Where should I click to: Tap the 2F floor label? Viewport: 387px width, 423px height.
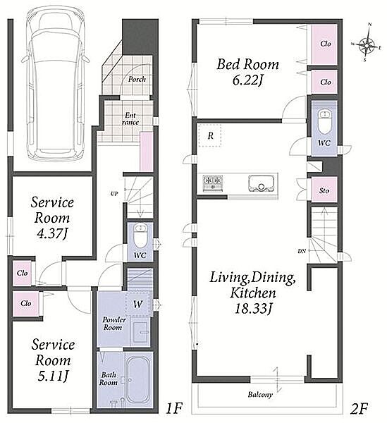(359, 408)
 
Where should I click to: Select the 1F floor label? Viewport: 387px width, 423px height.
(174, 408)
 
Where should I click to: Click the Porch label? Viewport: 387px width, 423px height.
(137, 79)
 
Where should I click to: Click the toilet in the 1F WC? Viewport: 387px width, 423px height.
(140, 235)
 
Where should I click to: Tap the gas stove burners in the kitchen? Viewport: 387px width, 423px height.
(213, 183)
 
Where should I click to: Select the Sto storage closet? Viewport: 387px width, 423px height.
(324, 190)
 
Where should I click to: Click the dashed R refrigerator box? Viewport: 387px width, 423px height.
(210, 135)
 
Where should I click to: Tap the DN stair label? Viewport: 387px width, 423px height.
(302, 251)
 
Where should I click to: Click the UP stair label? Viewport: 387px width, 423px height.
(114, 193)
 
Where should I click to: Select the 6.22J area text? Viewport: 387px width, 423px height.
(247, 80)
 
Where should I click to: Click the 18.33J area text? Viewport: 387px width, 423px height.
(252, 308)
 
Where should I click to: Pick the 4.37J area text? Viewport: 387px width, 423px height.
(52, 233)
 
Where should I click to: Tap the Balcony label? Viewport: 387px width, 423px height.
(260, 395)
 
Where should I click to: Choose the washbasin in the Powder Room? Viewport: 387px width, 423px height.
(140, 332)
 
